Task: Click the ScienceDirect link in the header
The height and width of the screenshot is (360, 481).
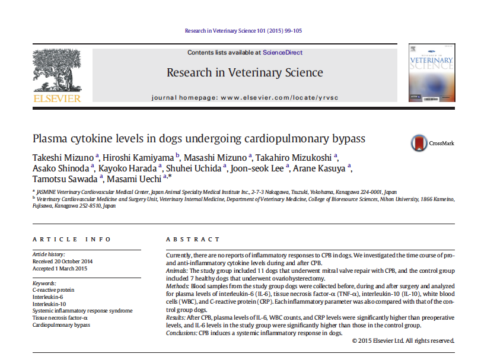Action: click(x=283, y=53)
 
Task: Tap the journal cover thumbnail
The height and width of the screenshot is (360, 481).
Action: click(x=431, y=72)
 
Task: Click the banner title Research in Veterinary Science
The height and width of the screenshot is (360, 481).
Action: click(x=244, y=73)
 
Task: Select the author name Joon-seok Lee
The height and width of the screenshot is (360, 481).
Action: click(x=259, y=167)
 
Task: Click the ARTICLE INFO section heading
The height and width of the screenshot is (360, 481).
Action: click(x=72, y=240)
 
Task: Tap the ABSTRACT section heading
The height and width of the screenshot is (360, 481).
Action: click(x=193, y=240)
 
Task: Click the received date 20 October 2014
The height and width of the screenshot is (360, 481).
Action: click(x=63, y=261)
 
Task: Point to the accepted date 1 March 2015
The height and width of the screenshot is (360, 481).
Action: click(x=60, y=268)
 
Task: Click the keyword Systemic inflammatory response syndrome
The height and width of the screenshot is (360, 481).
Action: click(x=82, y=311)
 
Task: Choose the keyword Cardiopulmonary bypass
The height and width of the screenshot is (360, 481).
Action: click(x=62, y=325)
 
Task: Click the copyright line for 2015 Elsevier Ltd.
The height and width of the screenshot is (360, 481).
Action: click(x=403, y=340)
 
